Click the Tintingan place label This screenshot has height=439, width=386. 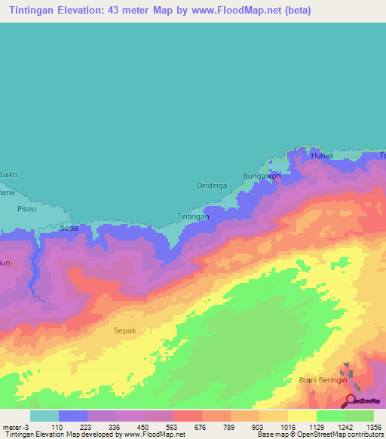click(193, 216)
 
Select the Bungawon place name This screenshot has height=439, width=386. click(262, 176)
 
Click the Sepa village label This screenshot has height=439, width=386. click(69, 227)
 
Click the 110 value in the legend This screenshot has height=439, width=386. click(73, 426)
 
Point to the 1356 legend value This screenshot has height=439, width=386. click(360, 426)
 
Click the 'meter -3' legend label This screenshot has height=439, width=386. click(15, 426)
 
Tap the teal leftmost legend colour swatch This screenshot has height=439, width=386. click(44, 416)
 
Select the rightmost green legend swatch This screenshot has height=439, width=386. click(359, 416)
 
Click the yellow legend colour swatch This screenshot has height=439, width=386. click(302, 416)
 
